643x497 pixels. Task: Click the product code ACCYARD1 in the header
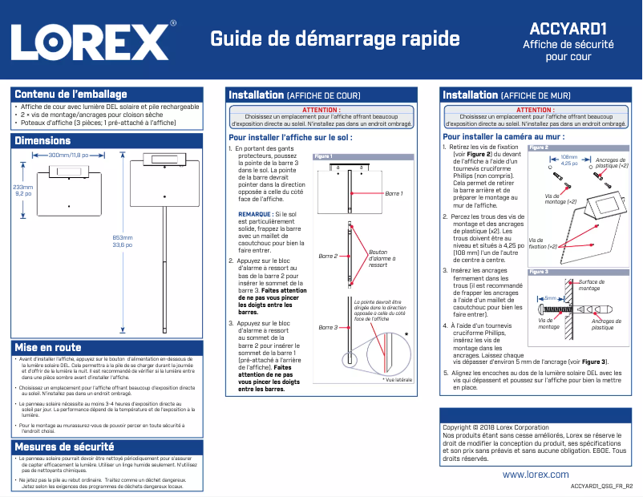[x=568, y=29]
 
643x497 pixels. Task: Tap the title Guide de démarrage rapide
[x=334, y=38]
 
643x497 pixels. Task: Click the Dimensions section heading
[x=42, y=141]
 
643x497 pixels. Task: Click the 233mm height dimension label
[x=23, y=187]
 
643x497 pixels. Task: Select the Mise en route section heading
[x=47, y=347]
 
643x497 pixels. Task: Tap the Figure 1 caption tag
[x=324, y=156]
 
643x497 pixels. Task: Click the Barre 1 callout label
[x=394, y=194]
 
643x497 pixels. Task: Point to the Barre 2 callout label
[x=329, y=256]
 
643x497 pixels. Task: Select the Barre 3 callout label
[x=329, y=327]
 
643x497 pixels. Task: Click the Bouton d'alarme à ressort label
[x=382, y=258]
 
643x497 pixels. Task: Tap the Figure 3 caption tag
[x=539, y=273]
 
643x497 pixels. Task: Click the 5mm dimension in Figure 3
[x=561, y=297]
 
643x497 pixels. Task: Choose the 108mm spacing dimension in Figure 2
[x=568, y=157]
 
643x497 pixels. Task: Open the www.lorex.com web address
[x=536, y=475]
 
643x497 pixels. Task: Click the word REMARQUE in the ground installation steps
[x=255, y=215]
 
